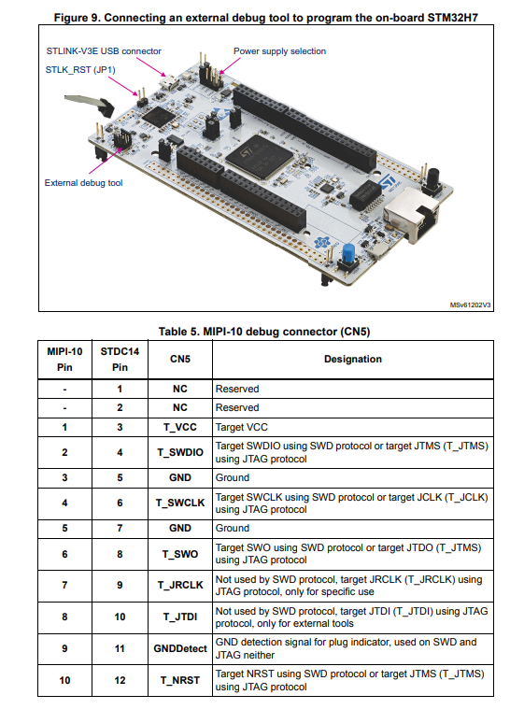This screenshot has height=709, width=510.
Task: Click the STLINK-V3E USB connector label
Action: point(104,51)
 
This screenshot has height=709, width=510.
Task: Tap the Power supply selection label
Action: point(279,51)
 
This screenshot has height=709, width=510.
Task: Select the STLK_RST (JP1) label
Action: point(80,70)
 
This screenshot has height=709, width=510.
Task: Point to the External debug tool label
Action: point(84,183)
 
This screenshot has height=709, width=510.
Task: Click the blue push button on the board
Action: point(348,254)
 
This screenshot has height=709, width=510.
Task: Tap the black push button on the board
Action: point(433,177)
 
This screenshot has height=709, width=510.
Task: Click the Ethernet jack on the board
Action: point(412,214)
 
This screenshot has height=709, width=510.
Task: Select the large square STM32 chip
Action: point(259,157)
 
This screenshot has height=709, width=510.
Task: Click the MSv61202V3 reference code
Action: point(470,305)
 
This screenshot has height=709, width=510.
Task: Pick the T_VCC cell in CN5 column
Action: point(180,427)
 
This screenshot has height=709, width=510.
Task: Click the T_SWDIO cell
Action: point(180,452)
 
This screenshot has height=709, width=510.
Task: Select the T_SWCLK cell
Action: point(180,503)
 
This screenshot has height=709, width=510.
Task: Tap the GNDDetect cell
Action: point(180,648)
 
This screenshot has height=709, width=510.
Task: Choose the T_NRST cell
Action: point(180,680)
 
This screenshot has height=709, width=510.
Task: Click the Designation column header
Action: point(353,359)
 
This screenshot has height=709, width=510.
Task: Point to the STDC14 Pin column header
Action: point(120,359)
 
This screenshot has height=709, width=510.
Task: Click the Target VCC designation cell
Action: point(241,427)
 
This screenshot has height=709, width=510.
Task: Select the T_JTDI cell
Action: point(180,617)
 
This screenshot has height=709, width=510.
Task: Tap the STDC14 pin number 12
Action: point(120,680)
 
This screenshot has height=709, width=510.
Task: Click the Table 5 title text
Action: point(264,332)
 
